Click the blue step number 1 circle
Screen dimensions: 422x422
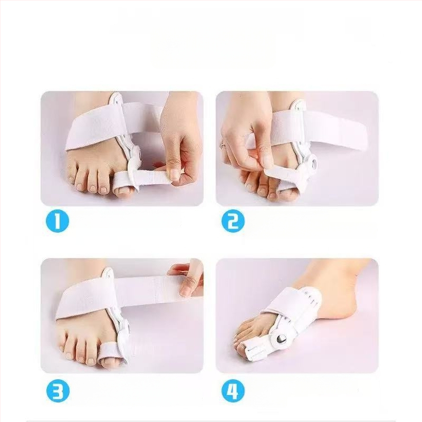tap(57, 220)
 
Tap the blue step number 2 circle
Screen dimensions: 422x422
tap(233, 220)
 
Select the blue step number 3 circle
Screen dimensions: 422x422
tap(57, 391)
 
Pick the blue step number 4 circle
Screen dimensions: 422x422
tap(233, 391)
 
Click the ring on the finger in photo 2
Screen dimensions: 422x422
tap(223, 145)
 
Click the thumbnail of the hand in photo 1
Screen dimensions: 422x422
tap(175, 175)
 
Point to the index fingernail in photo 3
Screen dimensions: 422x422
tap(186, 290)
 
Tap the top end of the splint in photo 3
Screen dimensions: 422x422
tap(108, 271)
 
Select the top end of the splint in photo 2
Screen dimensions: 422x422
tap(299, 103)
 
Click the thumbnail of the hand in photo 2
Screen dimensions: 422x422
tap(268, 162)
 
